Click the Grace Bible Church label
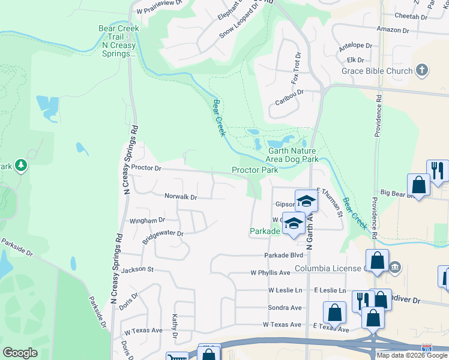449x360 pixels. (x=377, y=71)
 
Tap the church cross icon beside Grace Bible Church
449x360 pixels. (x=422, y=70)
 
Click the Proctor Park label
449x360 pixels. (x=255, y=170)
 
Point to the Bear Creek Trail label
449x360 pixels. (x=119, y=41)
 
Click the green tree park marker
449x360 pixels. (x=22, y=165)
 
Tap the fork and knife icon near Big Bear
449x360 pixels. (x=437, y=170)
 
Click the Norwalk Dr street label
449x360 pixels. (x=181, y=197)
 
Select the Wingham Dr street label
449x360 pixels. (x=147, y=221)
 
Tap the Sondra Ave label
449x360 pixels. (x=285, y=307)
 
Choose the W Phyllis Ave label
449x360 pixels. (x=271, y=273)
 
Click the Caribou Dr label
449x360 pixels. (x=289, y=93)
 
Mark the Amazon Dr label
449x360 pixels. (x=393, y=29)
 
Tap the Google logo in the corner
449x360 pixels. (x=20, y=353)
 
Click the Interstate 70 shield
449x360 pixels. (x=426, y=347)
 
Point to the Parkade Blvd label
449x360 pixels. (x=282, y=255)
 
